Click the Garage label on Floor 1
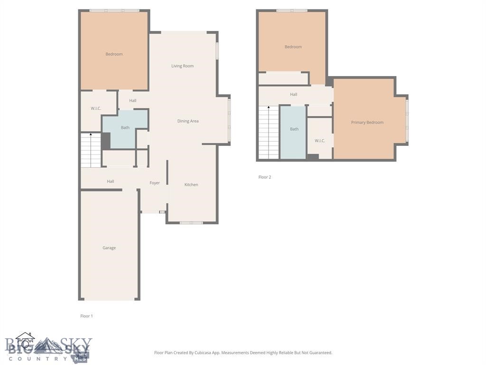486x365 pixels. (x=109, y=248)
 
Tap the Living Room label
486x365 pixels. (x=182, y=66)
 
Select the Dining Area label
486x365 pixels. (x=188, y=121)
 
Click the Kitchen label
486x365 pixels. (x=191, y=185)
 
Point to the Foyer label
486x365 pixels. (x=155, y=183)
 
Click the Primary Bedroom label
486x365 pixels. (x=367, y=123)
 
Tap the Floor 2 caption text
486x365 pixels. (x=265, y=177)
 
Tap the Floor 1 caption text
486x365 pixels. (x=86, y=316)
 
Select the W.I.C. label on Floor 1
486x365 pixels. (x=96, y=108)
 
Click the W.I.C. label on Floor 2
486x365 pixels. (x=320, y=141)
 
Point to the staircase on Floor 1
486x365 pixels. (x=91, y=150)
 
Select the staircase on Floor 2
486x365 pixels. (x=269, y=133)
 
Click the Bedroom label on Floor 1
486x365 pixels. (x=114, y=54)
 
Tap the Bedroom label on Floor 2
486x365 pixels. (x=293, y=47)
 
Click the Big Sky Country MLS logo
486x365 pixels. (x=47, y=348)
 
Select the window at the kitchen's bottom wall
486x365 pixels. (x=191, y=222)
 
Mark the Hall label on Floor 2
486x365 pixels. (x=293, y=95)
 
